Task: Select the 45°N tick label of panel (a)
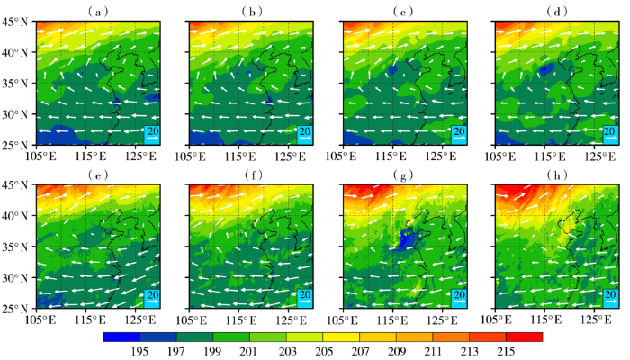(16, 22)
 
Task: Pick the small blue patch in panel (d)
(547, 68)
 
